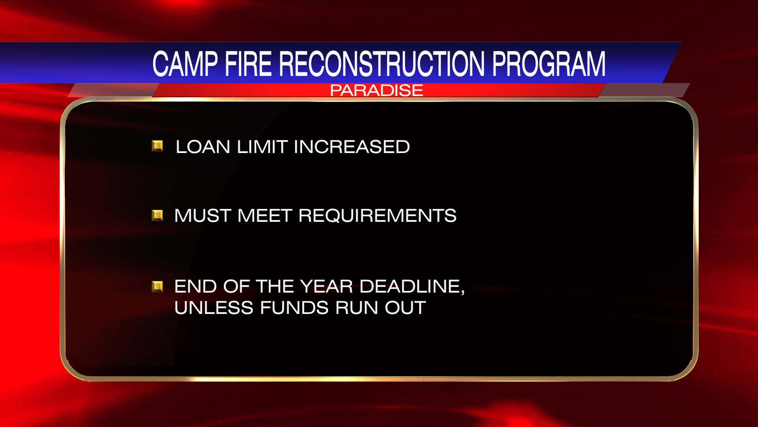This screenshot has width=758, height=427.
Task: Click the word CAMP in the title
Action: [x=185, y=64]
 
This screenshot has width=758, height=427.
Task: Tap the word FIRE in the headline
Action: [x=248, y=64]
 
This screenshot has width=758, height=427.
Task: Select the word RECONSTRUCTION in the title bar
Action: [x=382, y=64]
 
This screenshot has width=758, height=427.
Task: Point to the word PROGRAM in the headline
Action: [x=548, y=64]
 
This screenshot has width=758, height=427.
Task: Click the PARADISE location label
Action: [x=376, y=91]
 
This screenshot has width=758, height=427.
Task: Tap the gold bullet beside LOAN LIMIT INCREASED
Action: [x=158, y=146]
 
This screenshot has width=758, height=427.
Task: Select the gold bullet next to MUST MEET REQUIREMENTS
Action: [x=158, y=215]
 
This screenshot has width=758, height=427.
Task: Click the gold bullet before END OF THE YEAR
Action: [x=158, y=286]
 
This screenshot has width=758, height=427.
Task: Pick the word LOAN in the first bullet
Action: [x=203, y=147]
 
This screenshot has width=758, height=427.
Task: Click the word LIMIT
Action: [x=262, y=147]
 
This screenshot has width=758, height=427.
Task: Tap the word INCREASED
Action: [x=352, y=147]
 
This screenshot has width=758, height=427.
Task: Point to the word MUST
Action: [x=203, y=216]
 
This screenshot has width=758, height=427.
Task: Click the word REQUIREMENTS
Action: [x=377, y=216]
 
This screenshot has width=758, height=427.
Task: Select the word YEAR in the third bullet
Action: [x=326, y=286]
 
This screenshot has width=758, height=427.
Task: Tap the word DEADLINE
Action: [x=409, y=286]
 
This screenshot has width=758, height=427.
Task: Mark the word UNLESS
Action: [x=213, y=308]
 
